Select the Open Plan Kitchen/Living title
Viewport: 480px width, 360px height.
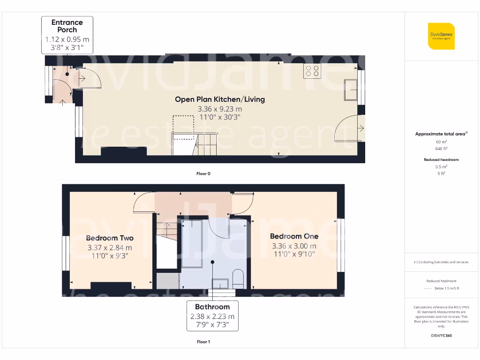[x=220, y=99]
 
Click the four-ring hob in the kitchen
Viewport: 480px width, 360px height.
[x=313, y=71]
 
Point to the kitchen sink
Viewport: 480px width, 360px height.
[x=351, y=90]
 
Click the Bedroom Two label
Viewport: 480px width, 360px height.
[x=110, y=238]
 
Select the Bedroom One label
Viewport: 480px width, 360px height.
[x=294, y=236]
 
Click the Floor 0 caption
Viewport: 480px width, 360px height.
[x=203, y=173]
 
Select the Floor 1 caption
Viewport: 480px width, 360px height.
[x=203, y=342]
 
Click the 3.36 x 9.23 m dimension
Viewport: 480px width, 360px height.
[x=220, y=109]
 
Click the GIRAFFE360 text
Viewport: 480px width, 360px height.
[x=441, y=336]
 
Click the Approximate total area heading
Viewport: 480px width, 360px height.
[x=441, y=134]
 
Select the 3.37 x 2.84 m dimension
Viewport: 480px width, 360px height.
[x=110, y=247]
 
